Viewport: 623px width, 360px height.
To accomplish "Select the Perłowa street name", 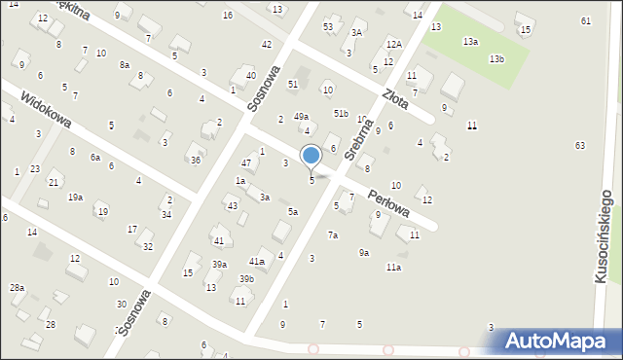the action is [388, 202].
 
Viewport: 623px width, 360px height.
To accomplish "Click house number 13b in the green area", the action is [496, 59].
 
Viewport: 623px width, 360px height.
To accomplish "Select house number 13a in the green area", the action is [470, 42].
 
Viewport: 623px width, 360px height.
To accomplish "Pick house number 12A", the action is [393, 44].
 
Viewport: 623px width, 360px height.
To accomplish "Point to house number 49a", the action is [302, 117].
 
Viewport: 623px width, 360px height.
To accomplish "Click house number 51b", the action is [340, 114].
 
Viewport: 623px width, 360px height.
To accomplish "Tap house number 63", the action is [580, 145].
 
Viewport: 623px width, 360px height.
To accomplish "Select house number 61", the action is [585, 20].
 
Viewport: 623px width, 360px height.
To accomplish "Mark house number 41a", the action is [257, 261].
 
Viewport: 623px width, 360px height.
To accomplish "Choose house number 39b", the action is [247, 279].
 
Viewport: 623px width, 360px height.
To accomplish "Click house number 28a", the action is [17, 288].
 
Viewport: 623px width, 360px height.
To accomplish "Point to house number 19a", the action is [75, 197].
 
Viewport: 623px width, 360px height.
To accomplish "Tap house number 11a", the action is [393, 267].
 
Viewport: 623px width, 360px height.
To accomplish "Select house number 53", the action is [328, 26].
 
